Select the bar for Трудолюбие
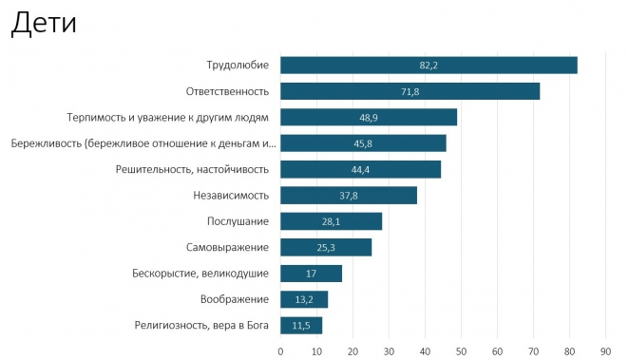pos(429,65)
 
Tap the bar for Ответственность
pos(410,91)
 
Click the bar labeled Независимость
pos(348,196)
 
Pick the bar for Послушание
pos(331,221)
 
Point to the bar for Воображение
pos(303,299)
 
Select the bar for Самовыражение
pos(325,248)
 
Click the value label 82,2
pos(429,65)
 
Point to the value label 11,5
pos(301,326)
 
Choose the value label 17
pos(312,274)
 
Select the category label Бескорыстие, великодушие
pos(200,274)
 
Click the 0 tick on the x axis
pos(280,350)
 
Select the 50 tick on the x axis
pos(461,350)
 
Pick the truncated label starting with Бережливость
pos(143,143)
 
